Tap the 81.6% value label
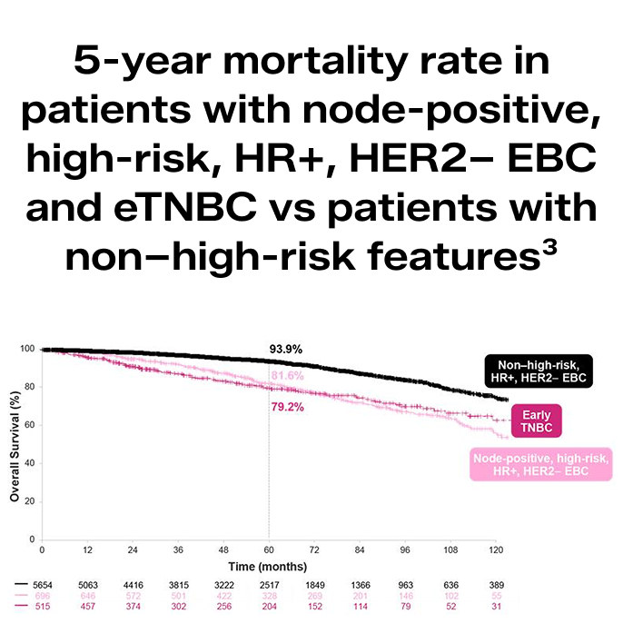(x=287, y=376)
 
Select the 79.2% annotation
(x=287, y=407)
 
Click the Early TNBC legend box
(x=536, y=421)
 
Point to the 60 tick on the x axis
(x=269, y=551)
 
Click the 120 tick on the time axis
(x=495, y=551)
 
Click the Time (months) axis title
(x=267, y=566)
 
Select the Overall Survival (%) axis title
(x=15, y=446)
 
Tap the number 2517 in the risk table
(x=268, y=586)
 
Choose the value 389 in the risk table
(x=495, y=586)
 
